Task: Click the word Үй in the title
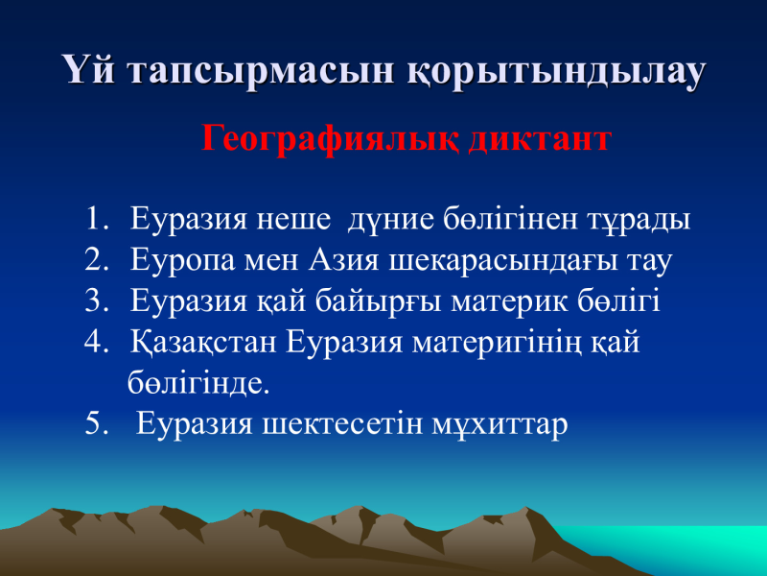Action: (x=89, y=69)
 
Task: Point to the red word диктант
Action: (x=540, y=137)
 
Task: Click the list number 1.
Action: (x=97, y=219)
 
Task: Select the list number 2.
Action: (x=96, y=259)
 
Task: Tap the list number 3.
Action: (x=96, y=300)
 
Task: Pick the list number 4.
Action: (x=96, y=342)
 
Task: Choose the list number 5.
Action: (x=96, y=423)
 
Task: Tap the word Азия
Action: (x=343, y=260)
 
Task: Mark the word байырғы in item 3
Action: (x=378, y=302)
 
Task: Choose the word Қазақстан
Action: (x=203, y=343)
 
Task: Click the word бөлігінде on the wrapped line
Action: (x=198, y=382)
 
